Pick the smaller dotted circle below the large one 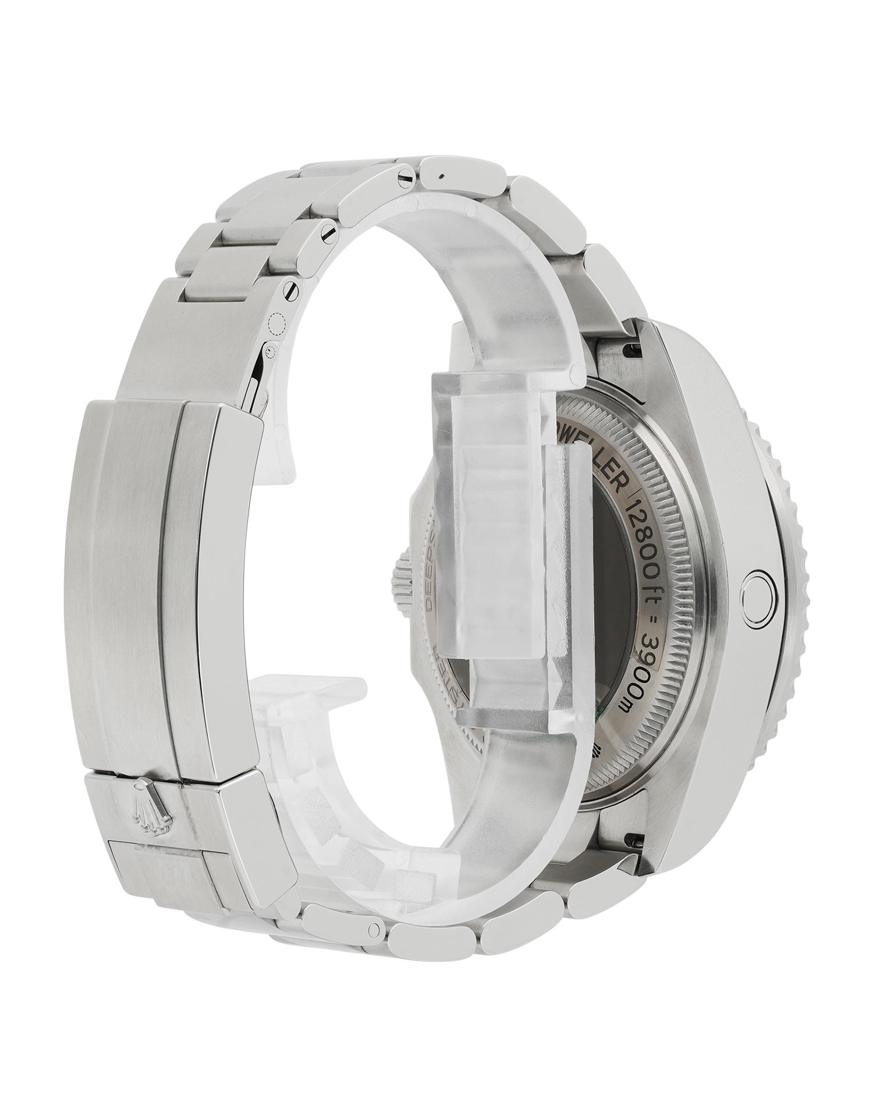tap(270, 351)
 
